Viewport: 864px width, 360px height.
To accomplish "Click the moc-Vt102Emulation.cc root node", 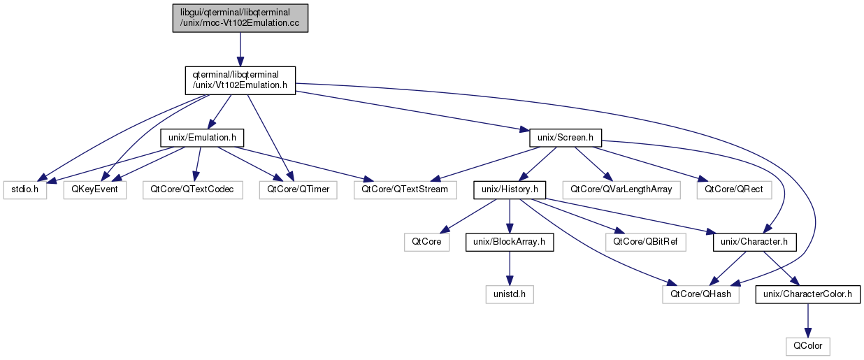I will coord(240,17).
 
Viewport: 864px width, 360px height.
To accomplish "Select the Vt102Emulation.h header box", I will coord(240,80).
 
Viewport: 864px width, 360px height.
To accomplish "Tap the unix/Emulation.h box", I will coord(201,138).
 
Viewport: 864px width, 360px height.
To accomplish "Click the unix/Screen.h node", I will coord(566,138).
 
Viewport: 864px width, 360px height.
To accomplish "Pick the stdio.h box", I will coord(24,189).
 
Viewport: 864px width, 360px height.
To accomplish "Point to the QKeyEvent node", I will coord(94,189).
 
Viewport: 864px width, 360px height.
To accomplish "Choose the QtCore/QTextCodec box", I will coord(192,189).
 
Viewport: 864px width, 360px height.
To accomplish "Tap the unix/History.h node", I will coord(510,189).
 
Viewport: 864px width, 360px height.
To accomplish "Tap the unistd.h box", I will coord(510,294).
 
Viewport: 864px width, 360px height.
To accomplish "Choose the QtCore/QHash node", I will coord(702,294).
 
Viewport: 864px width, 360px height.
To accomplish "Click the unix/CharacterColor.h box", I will coord(808,294).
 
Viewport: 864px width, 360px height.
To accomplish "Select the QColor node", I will coord(808,346).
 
